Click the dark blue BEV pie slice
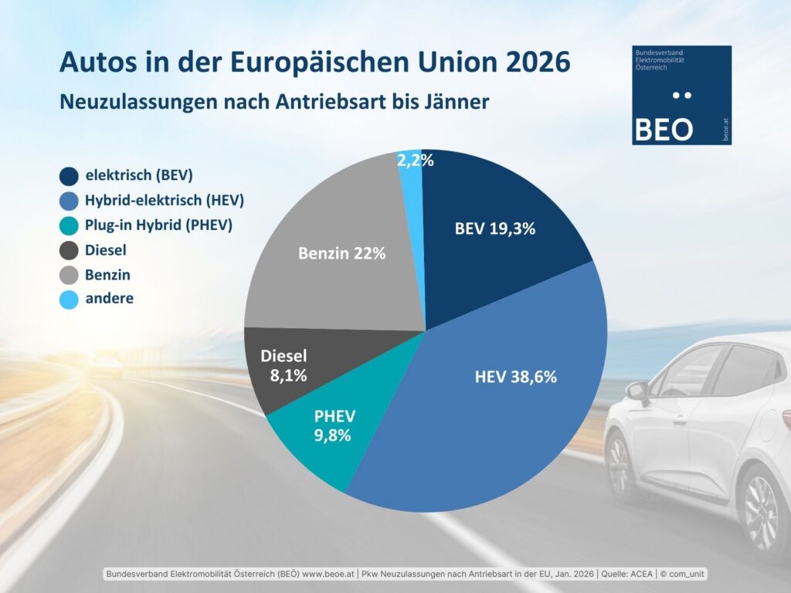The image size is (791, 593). pos(494,232)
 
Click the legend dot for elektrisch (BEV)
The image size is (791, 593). pos(69,175)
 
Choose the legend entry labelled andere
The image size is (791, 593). pos(109,298)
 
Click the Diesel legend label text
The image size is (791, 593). pos(106,249)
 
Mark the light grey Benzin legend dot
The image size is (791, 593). pos(69,274)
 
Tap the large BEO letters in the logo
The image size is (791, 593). pos(663,130)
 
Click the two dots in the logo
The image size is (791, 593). pos(681,96)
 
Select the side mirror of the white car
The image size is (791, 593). pos(638,393)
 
